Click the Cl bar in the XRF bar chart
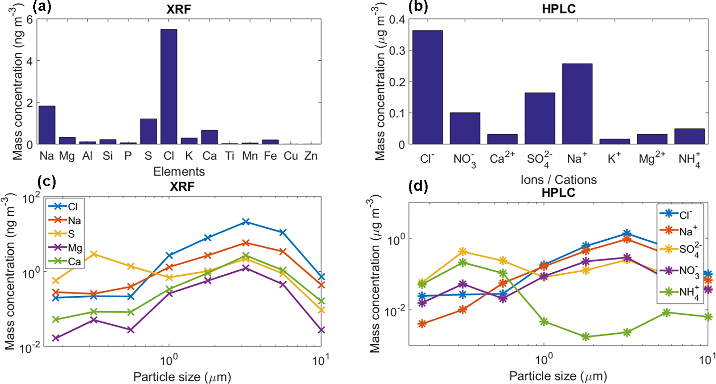click(169, 87)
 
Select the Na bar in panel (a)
click(47, 125)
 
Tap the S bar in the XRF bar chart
click(148, 131)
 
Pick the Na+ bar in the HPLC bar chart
click(577, 104)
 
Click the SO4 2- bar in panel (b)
click(540, 118)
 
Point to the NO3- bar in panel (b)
click(465, 128)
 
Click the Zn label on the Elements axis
click(311, 156)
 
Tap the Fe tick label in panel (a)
click(270, 156)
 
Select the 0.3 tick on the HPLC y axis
click(397, 51)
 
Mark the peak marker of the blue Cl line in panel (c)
click(246, 222)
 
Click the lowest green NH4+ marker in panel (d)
click(586, 336)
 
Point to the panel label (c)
click(47, 181)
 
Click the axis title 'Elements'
click(179, 171)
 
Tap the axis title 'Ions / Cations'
click(558, 180)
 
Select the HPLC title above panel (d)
click(558, 193)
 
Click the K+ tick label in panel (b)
click(614, 158)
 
